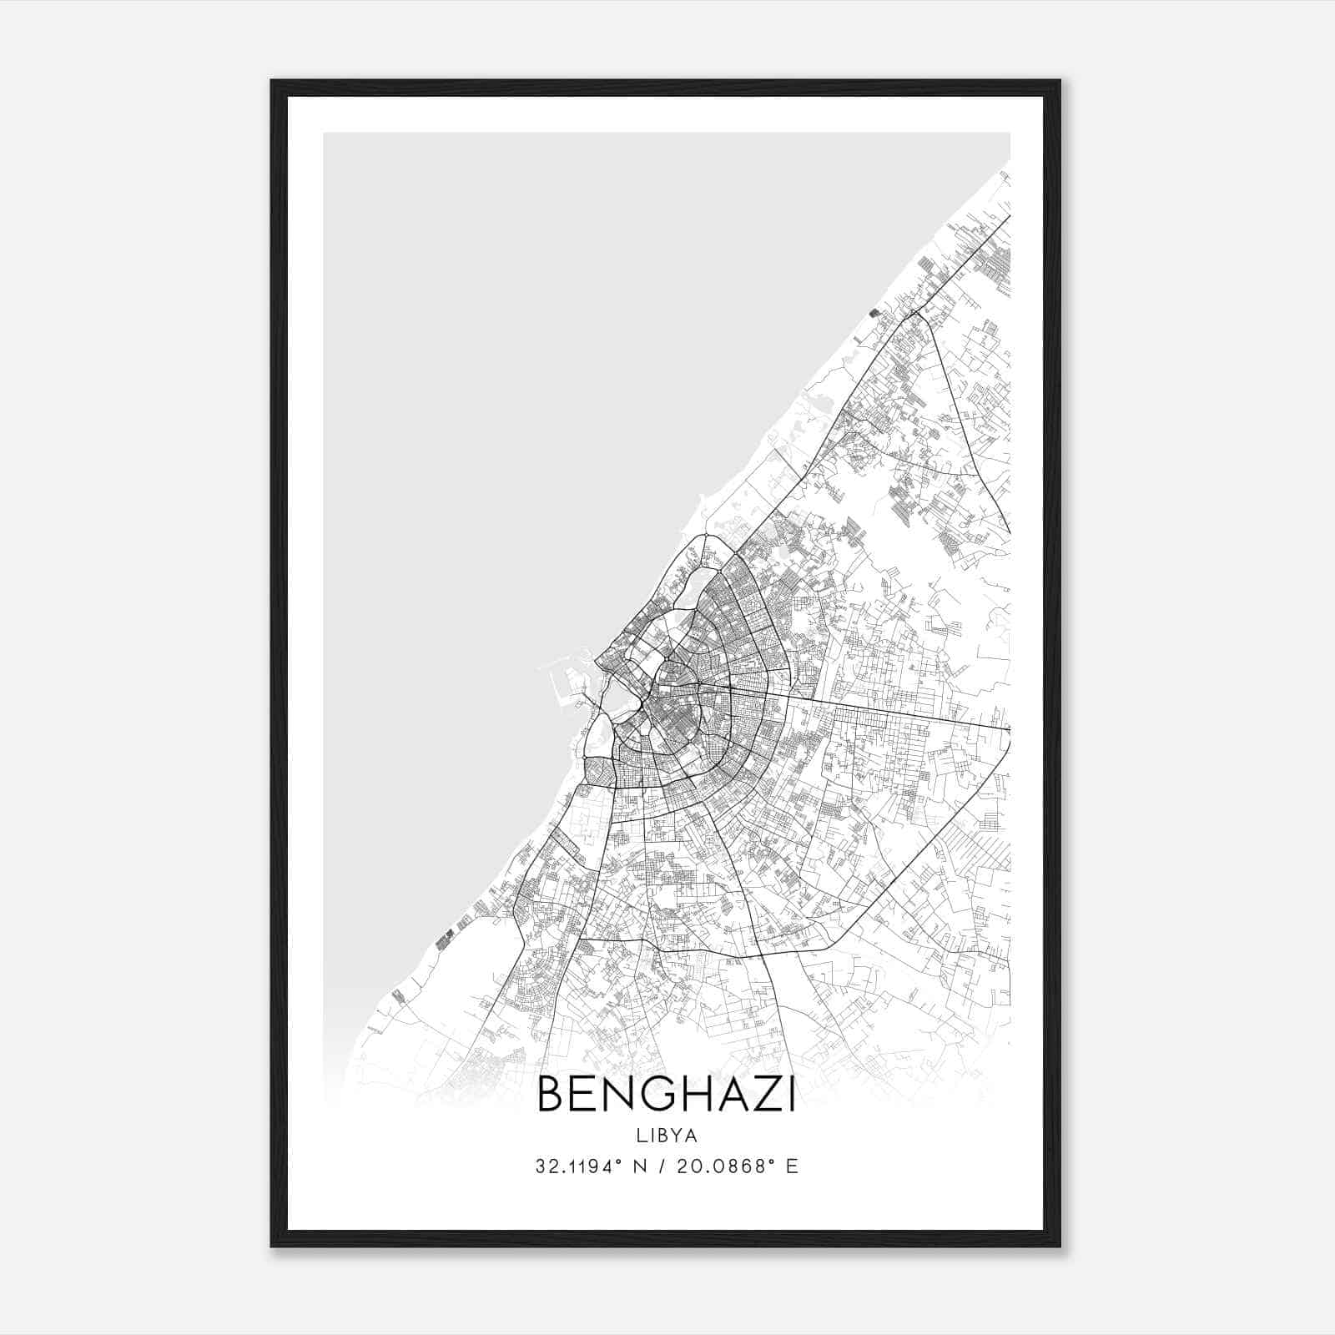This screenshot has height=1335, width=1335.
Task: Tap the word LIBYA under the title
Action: click(x=666, y=1136)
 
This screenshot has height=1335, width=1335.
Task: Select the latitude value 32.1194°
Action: click(x=578, y=1166)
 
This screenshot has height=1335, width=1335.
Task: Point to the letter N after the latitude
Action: click(x=641, y=1166)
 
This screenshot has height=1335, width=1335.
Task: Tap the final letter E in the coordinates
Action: click(x=793, y=1166)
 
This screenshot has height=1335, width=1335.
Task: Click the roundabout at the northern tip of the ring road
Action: click(x=706, y=534)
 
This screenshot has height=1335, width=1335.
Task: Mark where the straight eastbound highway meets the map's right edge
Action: click(x=1009, y=728)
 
